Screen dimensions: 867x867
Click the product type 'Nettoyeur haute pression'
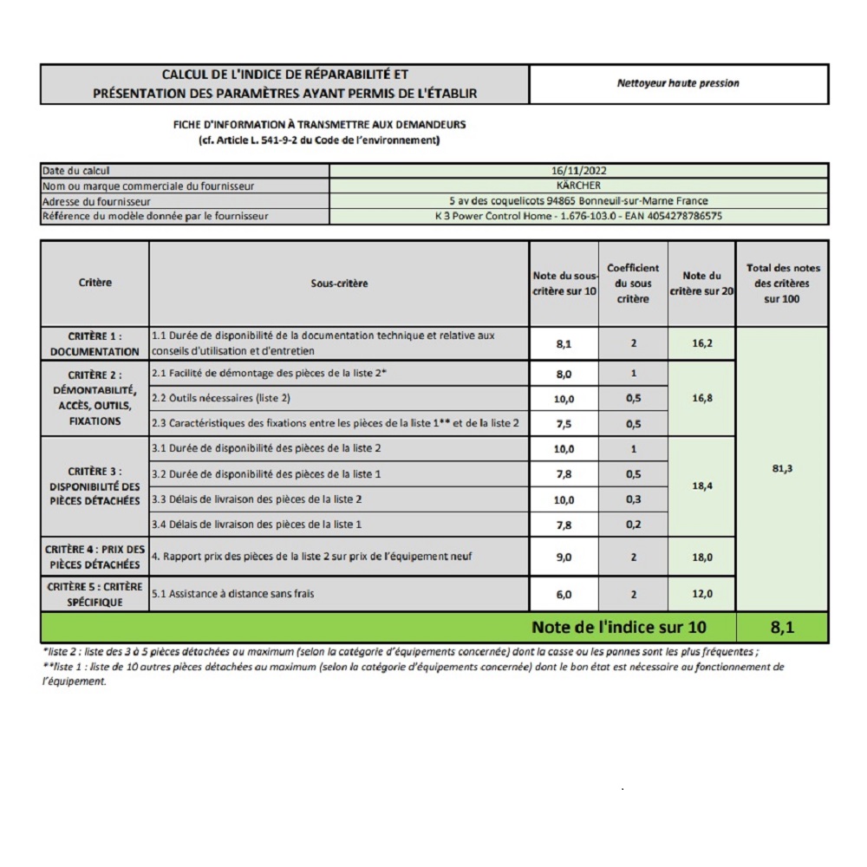point(678,84)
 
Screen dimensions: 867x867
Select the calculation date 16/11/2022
point(578,171)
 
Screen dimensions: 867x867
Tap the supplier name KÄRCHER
point(578,186)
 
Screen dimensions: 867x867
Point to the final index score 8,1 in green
point(781,627)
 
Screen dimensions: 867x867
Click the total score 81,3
point(781,469)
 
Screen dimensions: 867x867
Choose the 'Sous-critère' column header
point(339,284)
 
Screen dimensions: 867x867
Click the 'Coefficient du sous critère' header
point(633,284)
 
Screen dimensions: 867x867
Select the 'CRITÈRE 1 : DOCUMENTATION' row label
point(95,343)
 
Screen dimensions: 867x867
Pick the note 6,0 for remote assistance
point(564,595)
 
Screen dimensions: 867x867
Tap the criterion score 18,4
point(701,486)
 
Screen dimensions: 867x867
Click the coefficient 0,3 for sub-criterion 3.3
point(633,499)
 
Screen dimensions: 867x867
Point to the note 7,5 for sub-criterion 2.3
point(564,423)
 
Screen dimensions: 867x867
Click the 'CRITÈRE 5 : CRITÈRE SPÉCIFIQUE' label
point(95,594)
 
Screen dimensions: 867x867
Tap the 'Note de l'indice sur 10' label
point(618,627)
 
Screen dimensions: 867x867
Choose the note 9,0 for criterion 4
point(564,557)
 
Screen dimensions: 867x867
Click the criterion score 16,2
point(701,343)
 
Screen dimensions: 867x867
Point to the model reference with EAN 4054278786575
point(578,216)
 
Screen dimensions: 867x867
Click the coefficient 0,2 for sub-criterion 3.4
point(633,525)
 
